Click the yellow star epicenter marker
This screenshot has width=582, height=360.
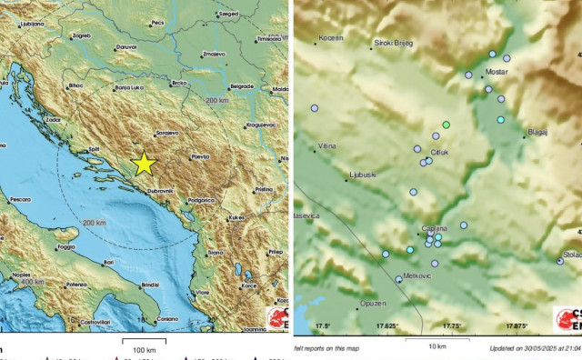(x=145, y=163)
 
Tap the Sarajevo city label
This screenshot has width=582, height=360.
(x=166, y=133)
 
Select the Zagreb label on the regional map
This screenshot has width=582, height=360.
(x=81, y=35)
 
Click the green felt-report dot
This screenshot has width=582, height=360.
(x=446, y=124)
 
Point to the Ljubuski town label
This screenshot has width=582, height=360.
(x=362, y=173)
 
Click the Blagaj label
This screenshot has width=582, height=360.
(x=537, y=132)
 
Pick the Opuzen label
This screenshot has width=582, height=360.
(x=399, y=302)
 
